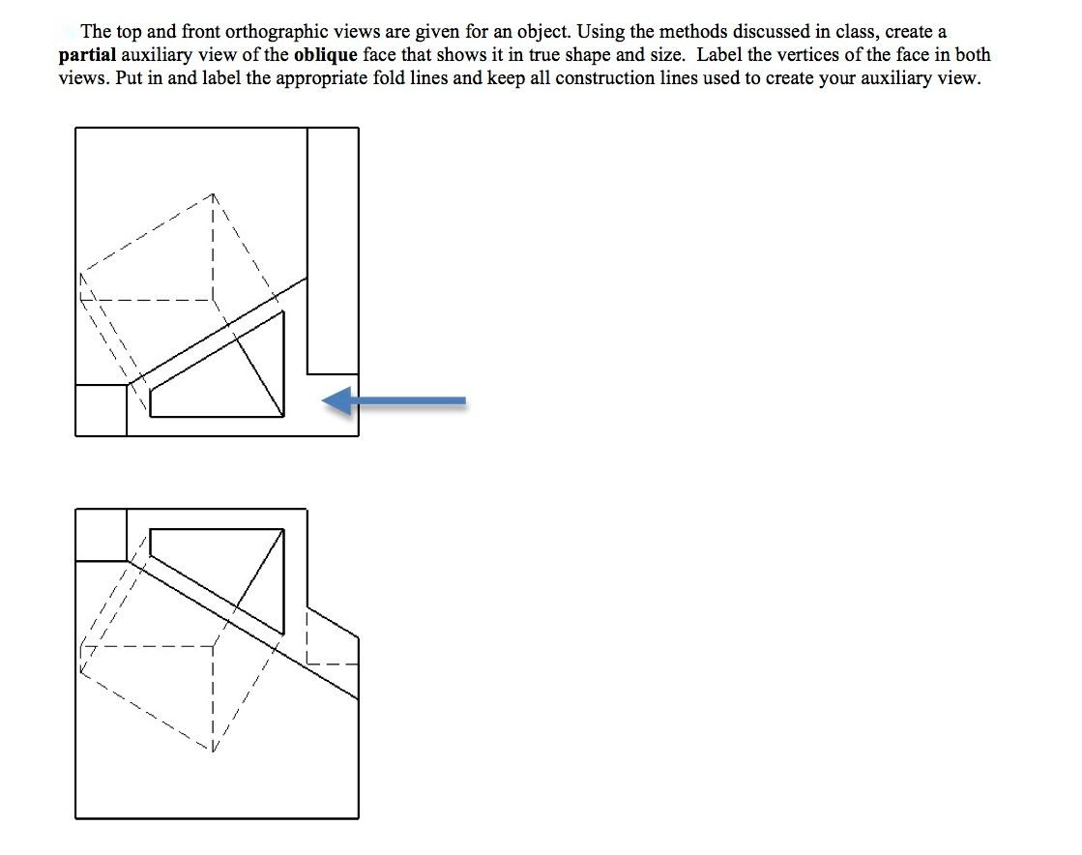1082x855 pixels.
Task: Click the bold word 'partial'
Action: coord(86,55)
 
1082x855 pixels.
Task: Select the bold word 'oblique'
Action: coord(325,55)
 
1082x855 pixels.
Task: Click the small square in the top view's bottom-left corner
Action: coord(101,410)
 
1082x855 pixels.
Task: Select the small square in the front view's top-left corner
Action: coord(101,534)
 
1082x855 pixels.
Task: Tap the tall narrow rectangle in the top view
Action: coord(333,250)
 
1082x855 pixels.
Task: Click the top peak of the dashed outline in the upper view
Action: coord(212,193)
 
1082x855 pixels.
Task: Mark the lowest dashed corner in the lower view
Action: coord(212,751)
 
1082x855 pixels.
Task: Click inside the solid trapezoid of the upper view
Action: coord(232,382)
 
